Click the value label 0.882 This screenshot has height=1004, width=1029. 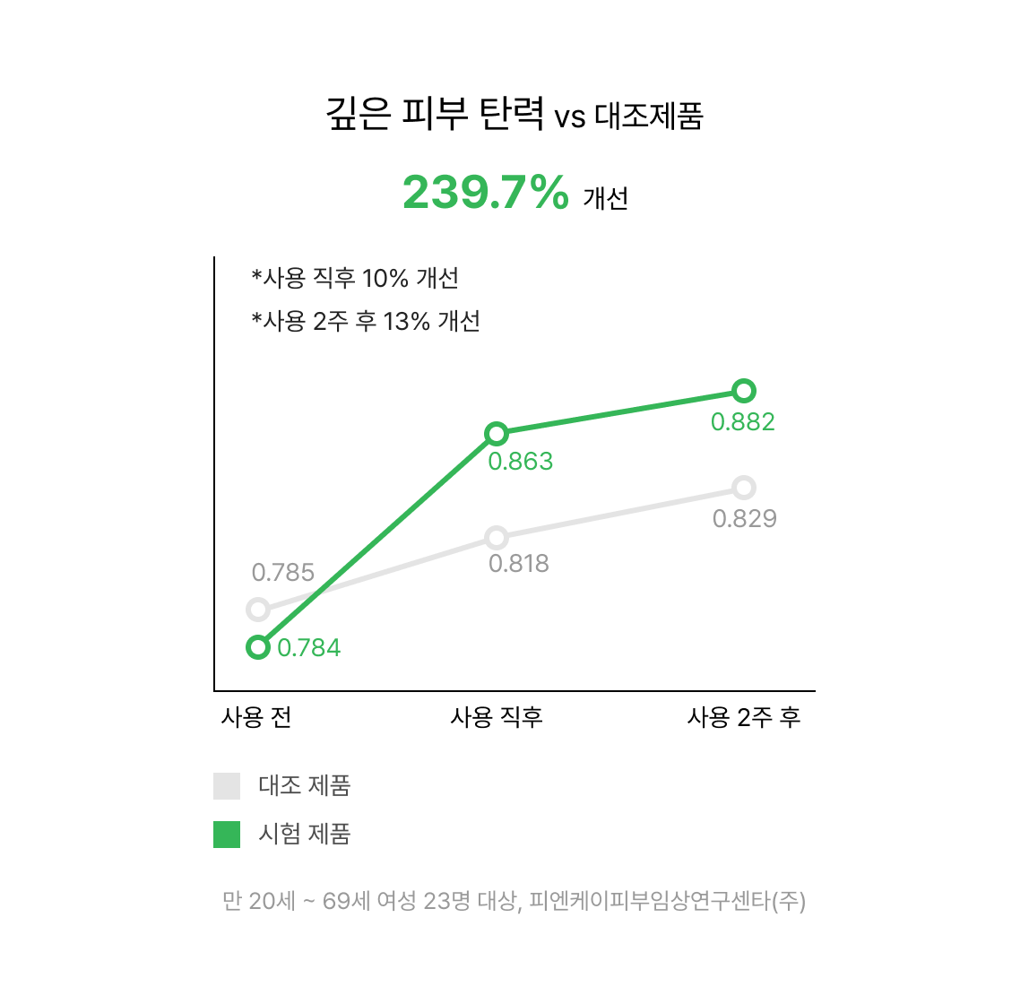pos(743,422)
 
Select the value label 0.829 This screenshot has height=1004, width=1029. pos(745,518)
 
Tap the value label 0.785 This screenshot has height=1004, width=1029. pos(283,572)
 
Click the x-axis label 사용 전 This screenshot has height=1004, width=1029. pos(256,717)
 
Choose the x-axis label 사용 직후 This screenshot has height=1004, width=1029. pos(497,717)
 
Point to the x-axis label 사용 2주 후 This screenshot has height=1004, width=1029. pos(744,717)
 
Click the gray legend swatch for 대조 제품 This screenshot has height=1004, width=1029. pos(227,785)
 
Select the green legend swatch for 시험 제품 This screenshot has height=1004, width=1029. pos(227,834)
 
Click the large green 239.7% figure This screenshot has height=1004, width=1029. pos(486,192)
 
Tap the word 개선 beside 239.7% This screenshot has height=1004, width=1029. pos(606,198)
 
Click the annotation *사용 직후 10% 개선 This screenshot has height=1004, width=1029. pos(355,278)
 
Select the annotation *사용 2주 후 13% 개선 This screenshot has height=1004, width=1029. pos(366,322)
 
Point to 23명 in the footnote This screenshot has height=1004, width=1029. pos(447,901)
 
